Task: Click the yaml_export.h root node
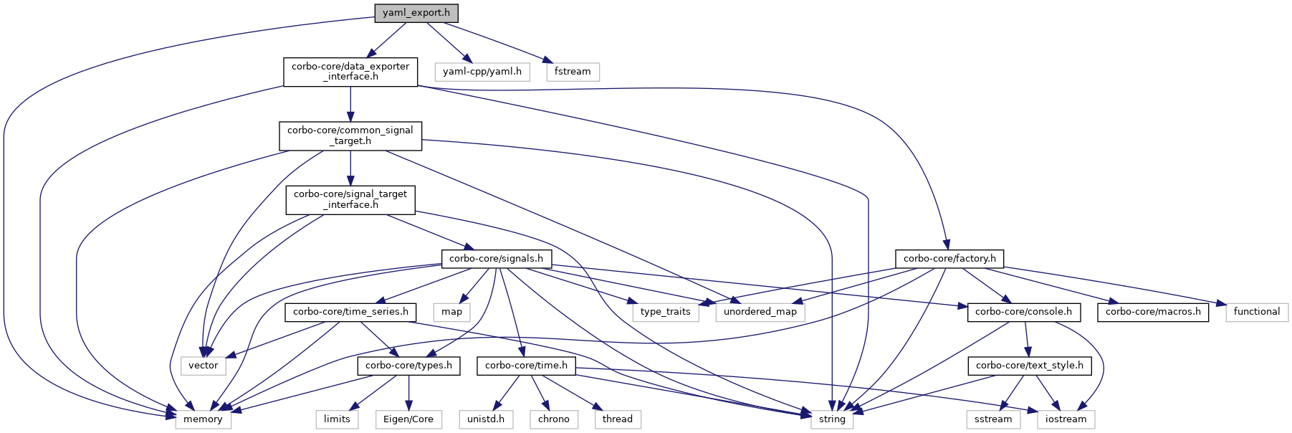(x=416, y=13)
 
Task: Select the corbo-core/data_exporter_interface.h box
(x=350, y=72)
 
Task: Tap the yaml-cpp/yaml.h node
(x=482, y=72)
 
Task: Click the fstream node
(x=573, y=72)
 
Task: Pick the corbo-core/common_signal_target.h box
(x=350, y=135)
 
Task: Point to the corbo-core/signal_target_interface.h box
(x=350, y=199)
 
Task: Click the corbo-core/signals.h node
(x=496, y=258)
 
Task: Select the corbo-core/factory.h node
(x=949, y=258)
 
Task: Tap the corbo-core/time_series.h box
(x=350, y=312)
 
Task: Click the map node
(x=452, y=312)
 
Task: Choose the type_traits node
(x=666, y=312)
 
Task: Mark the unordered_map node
(x=760, y=312)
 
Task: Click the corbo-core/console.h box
(x=1023, y=312)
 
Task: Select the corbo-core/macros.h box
(x=1153, y=312)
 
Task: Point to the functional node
(x=1257, y=312)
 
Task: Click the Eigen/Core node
(x=408, y=419)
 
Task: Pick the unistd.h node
(x=486, y=419)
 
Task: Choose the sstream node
(x=993, y=419)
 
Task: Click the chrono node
(x=554, y=419)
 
